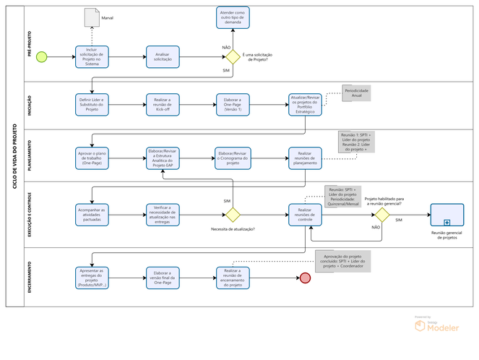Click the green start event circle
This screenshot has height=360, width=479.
41,57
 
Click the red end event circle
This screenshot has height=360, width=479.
306,278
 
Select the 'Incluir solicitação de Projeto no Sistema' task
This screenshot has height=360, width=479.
92,57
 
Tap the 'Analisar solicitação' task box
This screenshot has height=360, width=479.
163,57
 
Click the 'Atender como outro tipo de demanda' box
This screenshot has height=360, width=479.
233,18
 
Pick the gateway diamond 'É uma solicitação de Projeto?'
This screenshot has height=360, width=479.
233,57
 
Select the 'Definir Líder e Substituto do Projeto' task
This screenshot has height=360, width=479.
92,104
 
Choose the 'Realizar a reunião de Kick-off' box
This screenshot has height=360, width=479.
163,104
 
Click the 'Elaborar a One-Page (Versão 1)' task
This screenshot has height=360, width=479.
233,104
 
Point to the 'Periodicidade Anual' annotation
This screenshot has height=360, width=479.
357,93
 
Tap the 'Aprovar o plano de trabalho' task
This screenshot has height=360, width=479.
92,157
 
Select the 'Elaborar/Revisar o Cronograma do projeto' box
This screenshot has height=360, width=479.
233,157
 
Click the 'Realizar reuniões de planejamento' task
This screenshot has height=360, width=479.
304,157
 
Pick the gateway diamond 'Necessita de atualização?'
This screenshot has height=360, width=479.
233,215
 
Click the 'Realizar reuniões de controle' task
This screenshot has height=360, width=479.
304,215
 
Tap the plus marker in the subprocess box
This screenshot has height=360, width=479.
447,223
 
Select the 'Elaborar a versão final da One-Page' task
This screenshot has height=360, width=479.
163,278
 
